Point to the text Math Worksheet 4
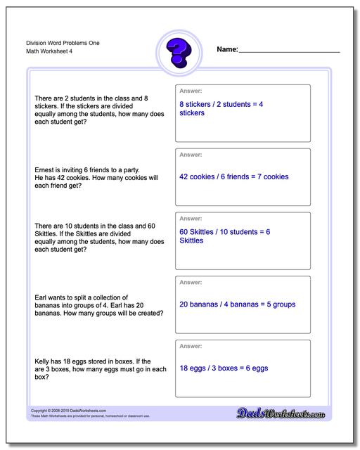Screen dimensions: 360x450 43,52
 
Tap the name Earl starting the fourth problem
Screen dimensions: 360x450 41,296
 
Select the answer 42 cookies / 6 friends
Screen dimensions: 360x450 234,176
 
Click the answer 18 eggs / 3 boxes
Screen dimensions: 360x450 224,368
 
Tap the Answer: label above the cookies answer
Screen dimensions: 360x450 191,155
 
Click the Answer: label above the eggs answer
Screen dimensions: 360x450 191,346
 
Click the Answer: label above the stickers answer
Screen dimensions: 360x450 191,91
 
